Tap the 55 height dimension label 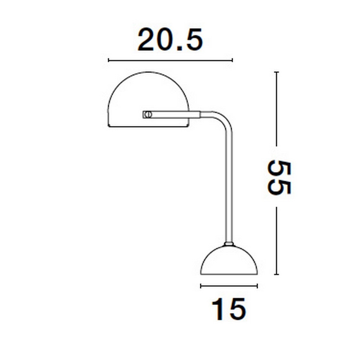(279, 178)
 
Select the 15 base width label (229, 309)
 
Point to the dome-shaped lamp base (229, 261)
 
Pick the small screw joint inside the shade (147, 114)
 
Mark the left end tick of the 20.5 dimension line (109, 60)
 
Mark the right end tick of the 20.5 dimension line (232, 60)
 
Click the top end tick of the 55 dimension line (277, 72)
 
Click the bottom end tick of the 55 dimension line (277, 274)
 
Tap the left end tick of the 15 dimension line (201, 286)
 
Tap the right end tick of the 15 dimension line (257, 286)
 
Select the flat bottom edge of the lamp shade (148, 127)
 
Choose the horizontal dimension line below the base (229, 286)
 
